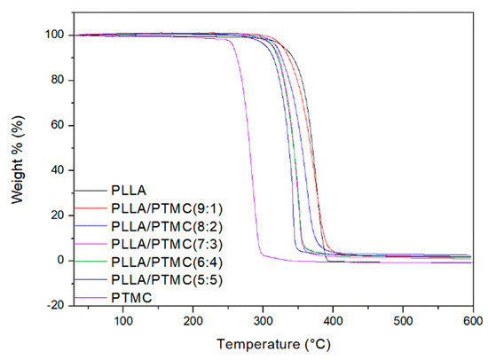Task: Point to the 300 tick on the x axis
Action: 263,320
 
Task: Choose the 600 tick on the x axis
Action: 472,320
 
